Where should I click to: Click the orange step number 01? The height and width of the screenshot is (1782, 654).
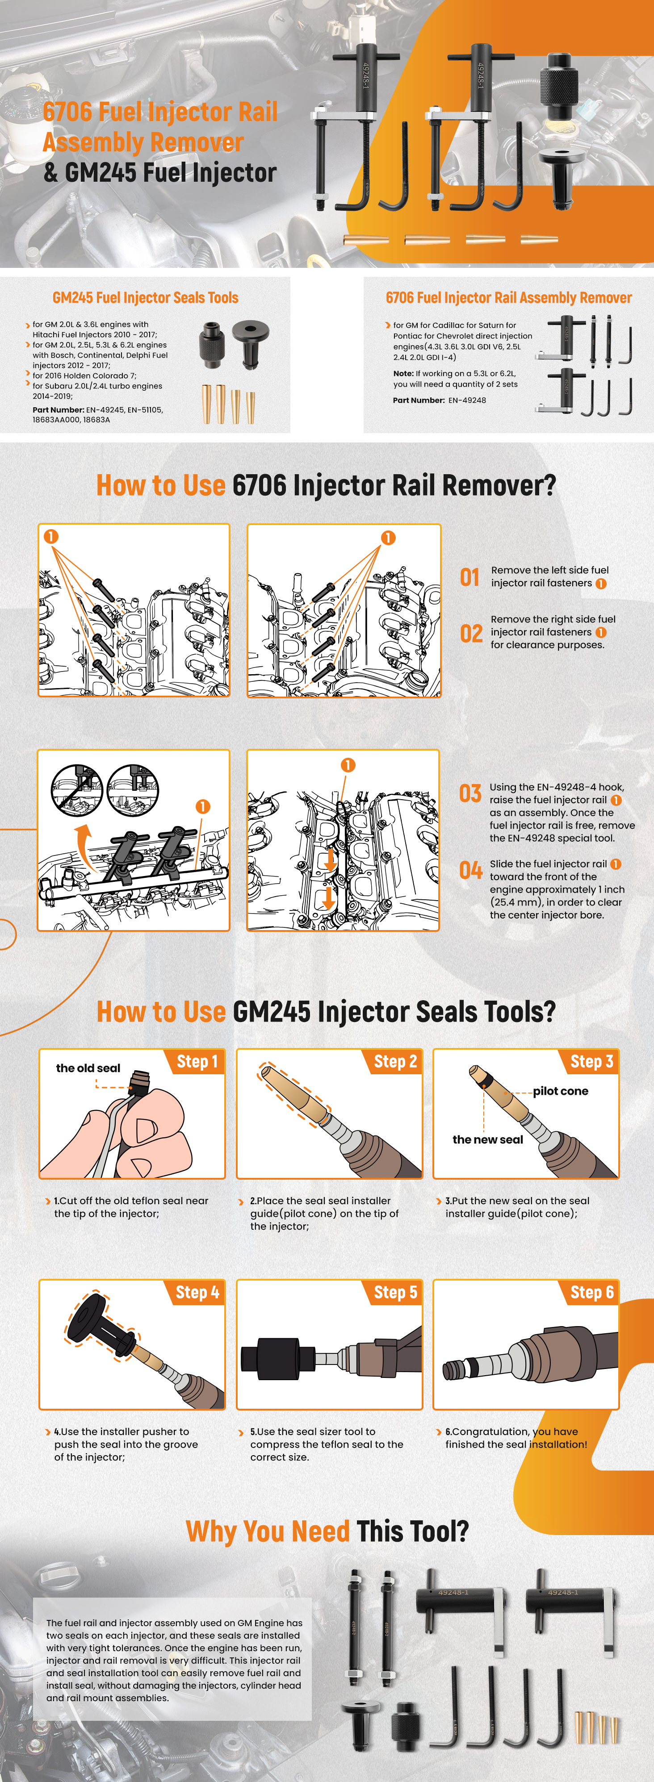[470, 577]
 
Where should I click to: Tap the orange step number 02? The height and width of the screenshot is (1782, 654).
[471, 633]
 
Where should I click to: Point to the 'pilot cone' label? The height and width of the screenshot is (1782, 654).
[561, 1091]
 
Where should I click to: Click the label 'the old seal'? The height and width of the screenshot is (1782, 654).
[88, 1068]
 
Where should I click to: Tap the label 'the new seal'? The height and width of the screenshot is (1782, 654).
[488, 1139]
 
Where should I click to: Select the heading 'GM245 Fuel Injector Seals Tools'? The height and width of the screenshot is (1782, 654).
[145, 297]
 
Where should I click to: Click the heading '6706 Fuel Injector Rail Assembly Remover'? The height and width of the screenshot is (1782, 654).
[509, 297]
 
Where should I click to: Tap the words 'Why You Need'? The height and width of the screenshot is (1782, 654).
[267, 1531]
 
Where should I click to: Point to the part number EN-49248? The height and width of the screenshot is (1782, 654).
[467, 400]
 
